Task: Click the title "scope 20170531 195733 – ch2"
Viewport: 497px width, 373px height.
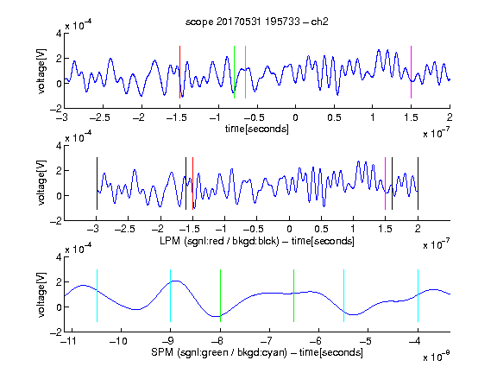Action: point(257,22)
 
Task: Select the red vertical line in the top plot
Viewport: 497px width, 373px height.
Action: point(179,72)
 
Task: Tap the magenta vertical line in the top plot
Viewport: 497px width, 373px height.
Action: point(411,72)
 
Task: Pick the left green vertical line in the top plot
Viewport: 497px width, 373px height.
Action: point(234,72)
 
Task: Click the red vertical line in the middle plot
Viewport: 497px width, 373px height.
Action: point(192,183)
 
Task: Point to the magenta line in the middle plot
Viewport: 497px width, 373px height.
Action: point(385,183)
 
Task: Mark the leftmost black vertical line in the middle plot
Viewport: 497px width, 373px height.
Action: point(97,183)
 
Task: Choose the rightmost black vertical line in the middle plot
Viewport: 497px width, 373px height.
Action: point(418,183)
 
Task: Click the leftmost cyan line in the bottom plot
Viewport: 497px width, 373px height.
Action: point(97,295)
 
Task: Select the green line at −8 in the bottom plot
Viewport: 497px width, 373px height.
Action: point(220,295)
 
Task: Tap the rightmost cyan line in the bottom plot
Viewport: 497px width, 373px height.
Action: point(418,295)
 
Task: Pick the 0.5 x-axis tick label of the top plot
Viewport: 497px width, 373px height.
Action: point(334,117)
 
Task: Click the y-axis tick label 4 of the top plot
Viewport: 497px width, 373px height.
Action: point(59,34)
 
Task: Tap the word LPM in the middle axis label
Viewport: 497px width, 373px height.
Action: point(170,241)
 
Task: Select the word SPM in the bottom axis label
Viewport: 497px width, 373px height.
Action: point(162,352)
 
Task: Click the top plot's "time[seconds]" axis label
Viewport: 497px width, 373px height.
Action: point(257,129)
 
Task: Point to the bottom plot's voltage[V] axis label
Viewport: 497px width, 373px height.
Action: point(41,294)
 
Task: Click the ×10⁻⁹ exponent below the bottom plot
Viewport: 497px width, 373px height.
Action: point(437,357)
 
